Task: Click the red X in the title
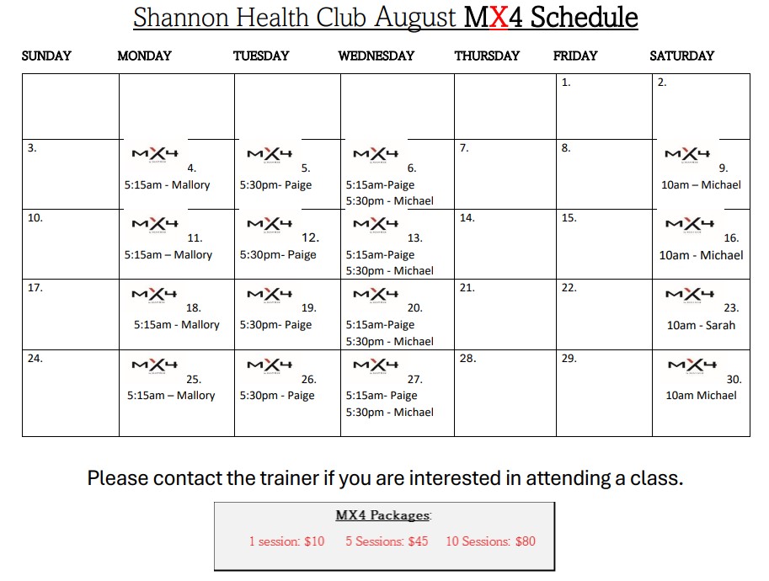(x=498, y=17)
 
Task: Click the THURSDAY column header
(x=487, y=56)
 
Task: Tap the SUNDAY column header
(x=46, y=56)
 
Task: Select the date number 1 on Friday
(x=566, y=83)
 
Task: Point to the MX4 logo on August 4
(x=155, y=154)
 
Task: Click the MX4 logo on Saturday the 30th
(x=692, y=365)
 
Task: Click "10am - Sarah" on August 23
(x=701, y=325)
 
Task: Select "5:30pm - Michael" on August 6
(x=389, y=201)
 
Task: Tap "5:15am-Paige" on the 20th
(x=380, y=324)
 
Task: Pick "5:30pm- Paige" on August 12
(x=278, y=255)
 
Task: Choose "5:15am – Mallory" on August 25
(x=171, y=395)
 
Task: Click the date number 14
(x=467, y=218)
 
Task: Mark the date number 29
(x=569, y=359)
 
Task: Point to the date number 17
(x=35, y=288)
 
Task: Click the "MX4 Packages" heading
(x=383, y=515)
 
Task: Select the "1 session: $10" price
(x=286, y=541)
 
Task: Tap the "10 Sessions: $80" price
(x=490, y=541)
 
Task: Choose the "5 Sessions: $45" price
(x=387, y=541)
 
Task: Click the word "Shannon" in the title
(x=181, y=18)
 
